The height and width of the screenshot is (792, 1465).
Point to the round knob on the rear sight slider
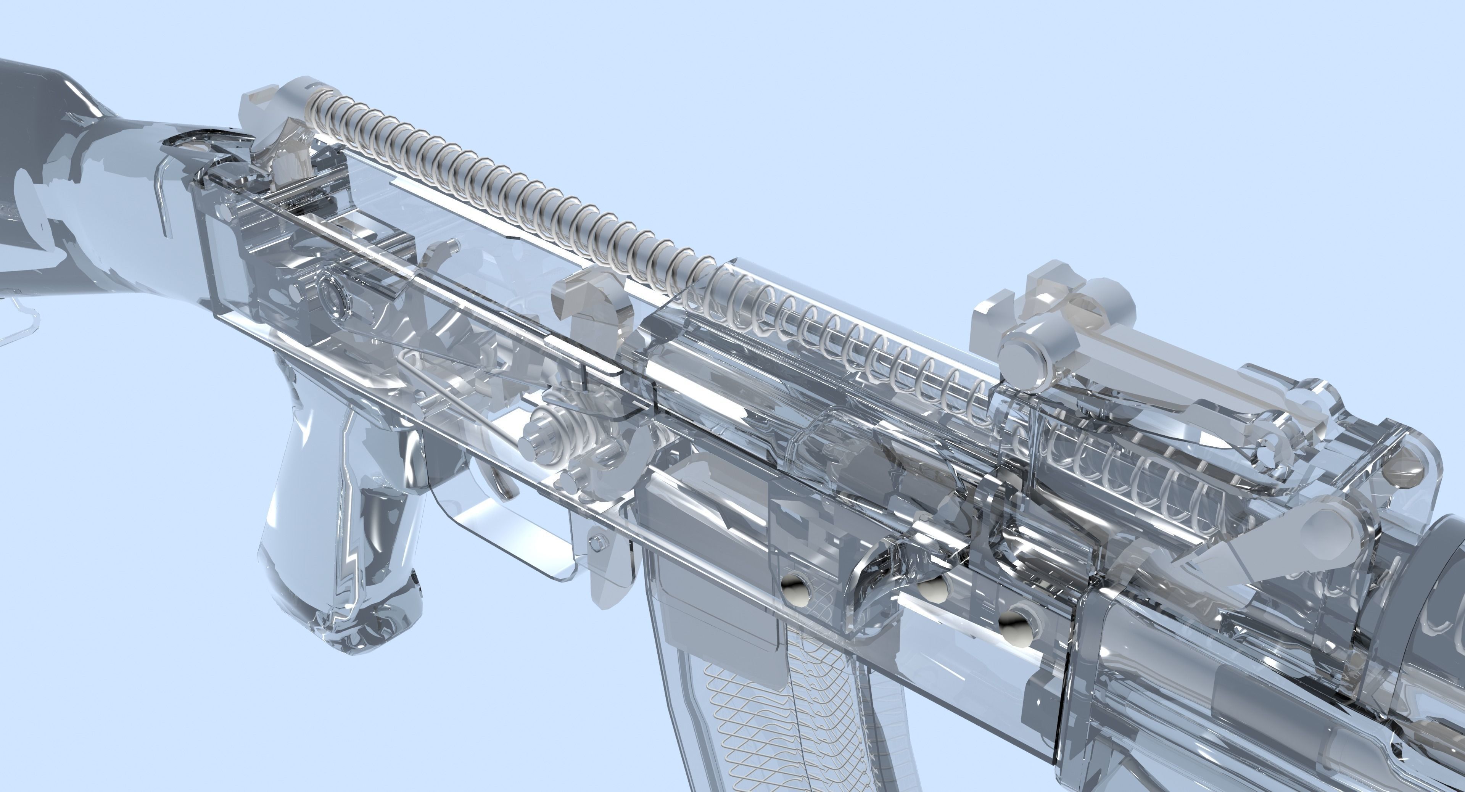coord(1024,353)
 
